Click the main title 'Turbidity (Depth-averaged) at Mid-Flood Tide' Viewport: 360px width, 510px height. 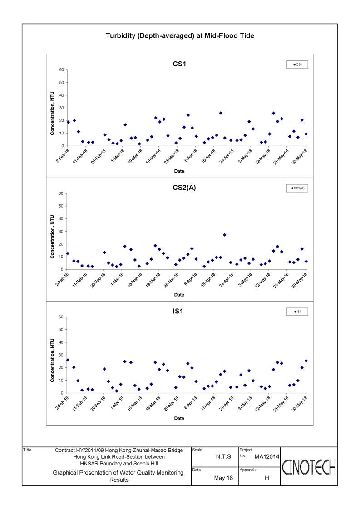pos(180,36)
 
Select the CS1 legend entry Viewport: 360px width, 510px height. pos(297,65)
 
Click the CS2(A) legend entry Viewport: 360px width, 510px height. pos(297,188)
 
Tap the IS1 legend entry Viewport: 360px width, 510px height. pos(297,312)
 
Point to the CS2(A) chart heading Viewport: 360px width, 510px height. pos(184,188)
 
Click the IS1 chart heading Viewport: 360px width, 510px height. pos(178,311)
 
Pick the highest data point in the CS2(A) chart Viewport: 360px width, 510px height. pos(224,235)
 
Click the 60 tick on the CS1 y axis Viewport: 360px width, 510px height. pos(61,70)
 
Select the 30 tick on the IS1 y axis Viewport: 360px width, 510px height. pos(61,355)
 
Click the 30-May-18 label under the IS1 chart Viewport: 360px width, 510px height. pos(299,404)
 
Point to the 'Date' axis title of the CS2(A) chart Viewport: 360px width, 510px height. pos(179,295)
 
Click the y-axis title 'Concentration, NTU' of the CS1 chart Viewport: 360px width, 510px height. pos(52,113)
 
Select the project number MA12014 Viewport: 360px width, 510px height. pos(266,457)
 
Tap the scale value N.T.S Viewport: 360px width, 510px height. pos(223,457)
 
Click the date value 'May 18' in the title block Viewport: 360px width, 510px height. pos(223,478)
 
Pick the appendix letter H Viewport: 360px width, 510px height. pos(266,478)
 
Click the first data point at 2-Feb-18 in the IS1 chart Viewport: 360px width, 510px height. pos(68,360)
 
